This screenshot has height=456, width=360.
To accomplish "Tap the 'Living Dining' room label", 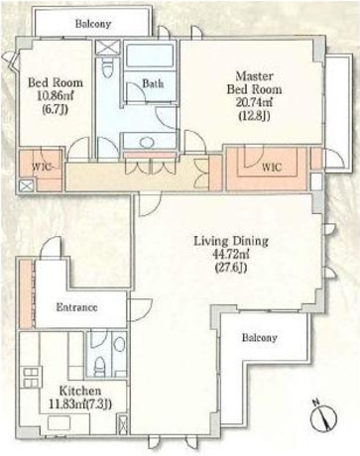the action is pos(231,241).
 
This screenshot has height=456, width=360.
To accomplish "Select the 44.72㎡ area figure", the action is pos(231,255).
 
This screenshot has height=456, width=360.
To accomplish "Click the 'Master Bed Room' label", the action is pos(254,82).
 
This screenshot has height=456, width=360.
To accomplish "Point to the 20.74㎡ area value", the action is pos(254,103).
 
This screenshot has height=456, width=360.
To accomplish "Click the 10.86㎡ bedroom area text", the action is pos(56,96).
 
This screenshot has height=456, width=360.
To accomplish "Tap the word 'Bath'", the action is pos(153,83).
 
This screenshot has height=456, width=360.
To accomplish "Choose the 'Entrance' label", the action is pos(76,307).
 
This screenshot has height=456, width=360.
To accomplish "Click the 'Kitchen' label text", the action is pos(80,391).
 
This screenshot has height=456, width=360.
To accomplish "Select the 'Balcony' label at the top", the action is pos(93,24).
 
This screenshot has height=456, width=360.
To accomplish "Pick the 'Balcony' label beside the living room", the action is pos(259,338).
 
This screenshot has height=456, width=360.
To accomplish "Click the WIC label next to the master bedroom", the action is pos(272,168).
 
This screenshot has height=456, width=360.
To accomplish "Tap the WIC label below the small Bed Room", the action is pos(42,168).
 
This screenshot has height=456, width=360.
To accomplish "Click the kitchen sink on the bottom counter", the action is pos(59,423).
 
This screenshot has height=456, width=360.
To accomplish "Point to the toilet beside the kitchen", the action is pos(99,368).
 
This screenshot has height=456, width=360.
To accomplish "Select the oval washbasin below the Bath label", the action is pos(147,143).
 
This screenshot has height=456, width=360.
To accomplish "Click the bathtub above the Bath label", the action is pos(150,57).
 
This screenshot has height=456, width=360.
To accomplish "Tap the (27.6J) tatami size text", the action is pos(231,268).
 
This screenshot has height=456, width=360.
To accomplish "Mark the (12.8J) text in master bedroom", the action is pos(254,116).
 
